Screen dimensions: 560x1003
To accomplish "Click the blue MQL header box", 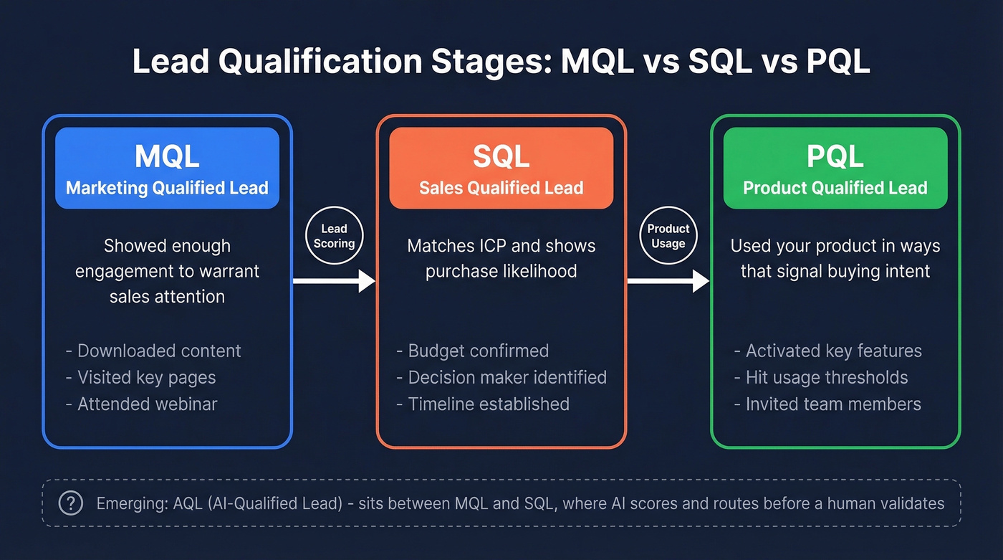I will (167, 169).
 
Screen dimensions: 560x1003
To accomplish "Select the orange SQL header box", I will (501, 169).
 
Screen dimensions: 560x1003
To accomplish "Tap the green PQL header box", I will (835, 169).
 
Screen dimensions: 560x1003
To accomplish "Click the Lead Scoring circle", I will (334, 236).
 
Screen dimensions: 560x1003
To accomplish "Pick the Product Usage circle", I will (668, 236).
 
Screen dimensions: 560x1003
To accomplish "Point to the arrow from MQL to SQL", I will (334, 281).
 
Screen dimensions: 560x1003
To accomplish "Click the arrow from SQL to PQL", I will (668, 281).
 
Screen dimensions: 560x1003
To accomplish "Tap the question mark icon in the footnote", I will (70, 503).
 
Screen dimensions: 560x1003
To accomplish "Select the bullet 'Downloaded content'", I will (158, 351).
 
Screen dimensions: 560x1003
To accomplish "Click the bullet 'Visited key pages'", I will (146, 377).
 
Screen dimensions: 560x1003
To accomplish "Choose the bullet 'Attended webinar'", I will (147, 404).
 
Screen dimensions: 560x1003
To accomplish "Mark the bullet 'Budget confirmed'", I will (478, 351).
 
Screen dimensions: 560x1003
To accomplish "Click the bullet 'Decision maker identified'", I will (507, 377).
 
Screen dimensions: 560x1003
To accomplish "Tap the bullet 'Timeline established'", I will (488, 404).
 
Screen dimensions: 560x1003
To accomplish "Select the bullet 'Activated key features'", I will (833, 351).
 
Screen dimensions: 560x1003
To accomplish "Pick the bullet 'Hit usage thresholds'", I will (826, 377).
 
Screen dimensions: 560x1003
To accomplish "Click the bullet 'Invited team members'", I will (832, 404).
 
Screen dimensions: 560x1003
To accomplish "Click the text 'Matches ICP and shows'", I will (501, 246).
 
